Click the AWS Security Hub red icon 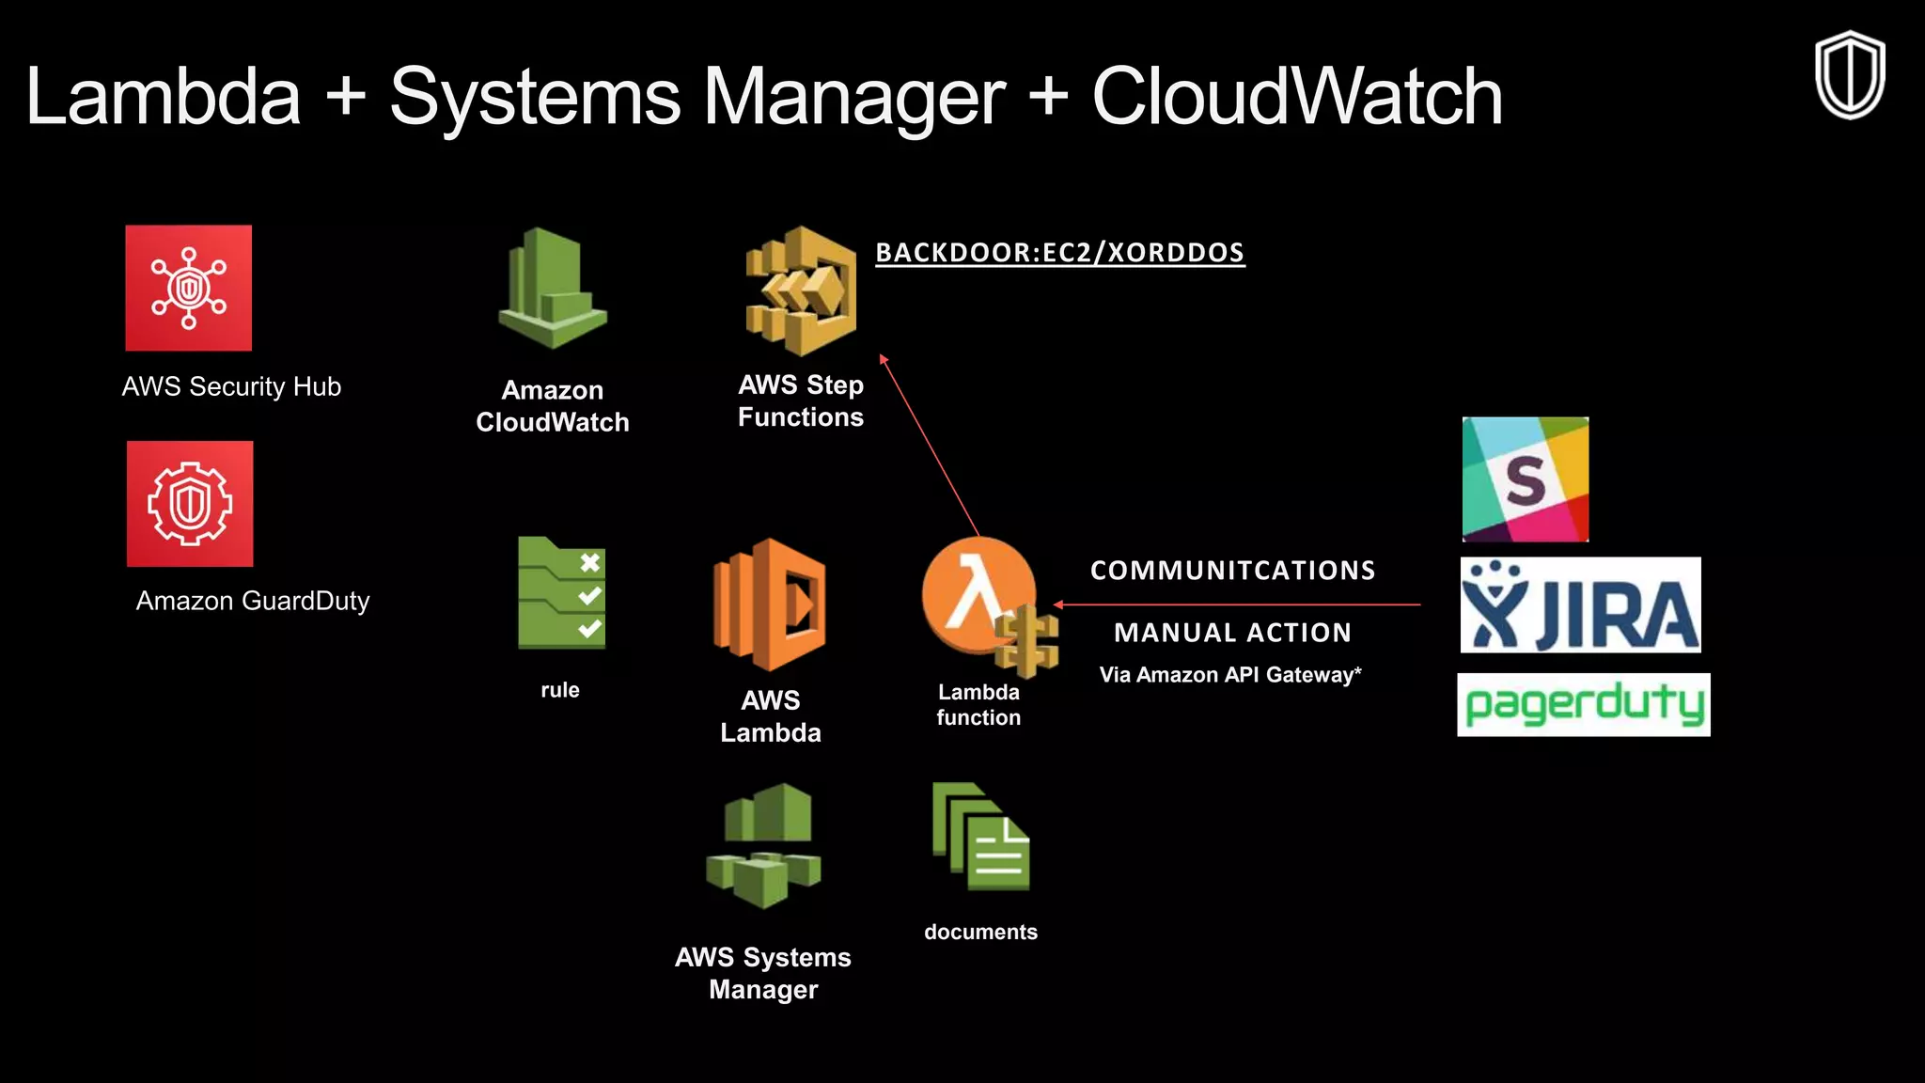tap(189, 288)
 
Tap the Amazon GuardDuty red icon tap(190, 504)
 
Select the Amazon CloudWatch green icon tap(553, 289)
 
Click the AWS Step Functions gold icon tap(801, 291)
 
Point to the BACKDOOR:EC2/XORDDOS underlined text tap(1059, 253)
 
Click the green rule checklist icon tap(562, 593)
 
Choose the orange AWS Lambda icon tap(770, 604)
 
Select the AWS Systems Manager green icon tap(763, 846)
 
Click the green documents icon tap(980, 837)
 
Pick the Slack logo tap(1525, 479)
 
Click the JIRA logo tap(1580, 604)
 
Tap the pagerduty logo tap(1583, 705)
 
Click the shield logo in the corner tap(1849, 75)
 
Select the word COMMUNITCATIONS tap(1232, 571)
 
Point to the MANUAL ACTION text tap(1232, 633)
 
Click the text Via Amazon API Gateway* tap(1229, 675)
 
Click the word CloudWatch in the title tap(1296, 97)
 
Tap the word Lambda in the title tap(163, 97)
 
